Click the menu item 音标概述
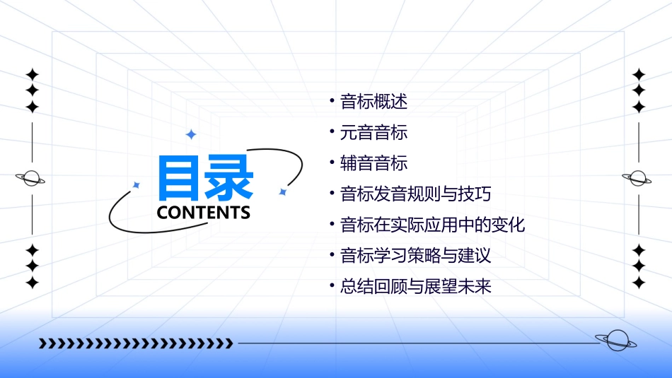pyautogui.click(x=373, y=102)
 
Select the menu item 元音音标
pyautogui.click(x=373, y=132)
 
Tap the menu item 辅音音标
pyautogui.click(x=373, y=163)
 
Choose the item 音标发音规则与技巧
pyautogui.click(x=415, y=194)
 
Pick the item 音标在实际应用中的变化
pyautogui.click(x=432, y=225)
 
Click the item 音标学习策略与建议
pyautogui.click(x=415, y=255)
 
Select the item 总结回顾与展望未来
pyautogui.click(x=415, y=286)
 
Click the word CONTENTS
pyautogui.click(x=204, y=212)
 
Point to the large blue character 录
pyautogui.click(x=229, y=179)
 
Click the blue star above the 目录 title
pyautogui.click(x=190, y=134)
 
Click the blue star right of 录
pyautogui.click(x=282, y=191)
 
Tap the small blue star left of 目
pyautogui.click(x=137, y=185)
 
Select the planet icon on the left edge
pyautogui.click(x=31, y=179)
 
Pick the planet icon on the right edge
pyautogui.click(x=637, y=178)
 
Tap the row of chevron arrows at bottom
pyautogui.click(x=136, y=343)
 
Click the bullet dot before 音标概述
pyautogui.click(x=332, y=101)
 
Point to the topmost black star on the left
pyautogui.click(x=32, y=74)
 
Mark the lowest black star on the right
pyautogui.click(x=639, y=283)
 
